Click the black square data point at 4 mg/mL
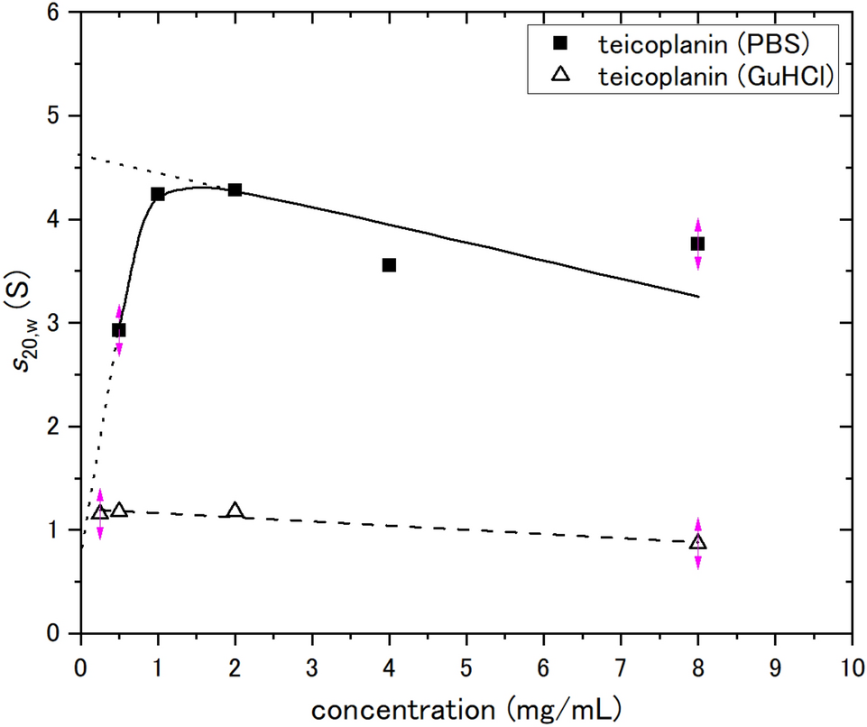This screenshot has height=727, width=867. click(x=389, y=265)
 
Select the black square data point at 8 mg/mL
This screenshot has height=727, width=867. click(x=697, y=244)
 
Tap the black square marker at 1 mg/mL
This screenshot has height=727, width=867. click(x=158, y=194)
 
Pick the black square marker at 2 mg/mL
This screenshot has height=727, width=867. click(x=235, y=189)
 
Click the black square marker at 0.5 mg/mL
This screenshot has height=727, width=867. click(x=119, y=330)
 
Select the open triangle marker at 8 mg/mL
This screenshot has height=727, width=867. click(x=697, y=542)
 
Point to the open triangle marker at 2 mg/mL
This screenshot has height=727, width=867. click(x=235, y=511)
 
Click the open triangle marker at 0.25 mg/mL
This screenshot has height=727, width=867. click(x=100, y=512)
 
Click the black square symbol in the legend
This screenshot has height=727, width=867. click(x=560, y=42)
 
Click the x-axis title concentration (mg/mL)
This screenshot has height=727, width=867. click(x=465, y=707)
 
